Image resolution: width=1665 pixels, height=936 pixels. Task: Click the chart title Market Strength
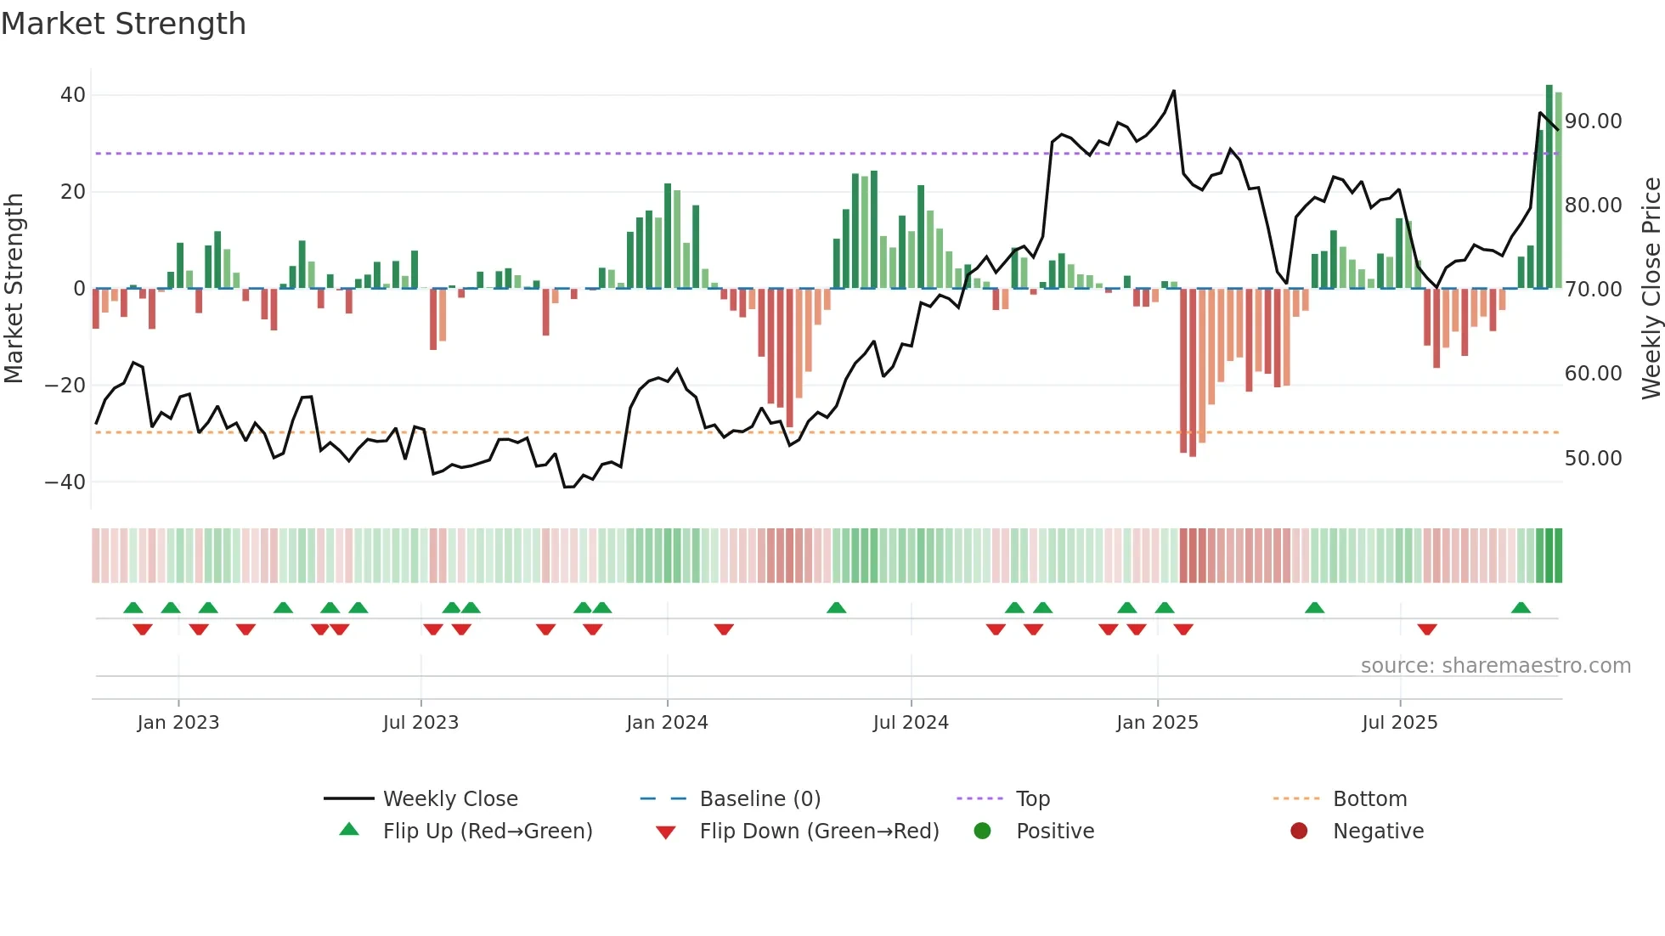(123, 24)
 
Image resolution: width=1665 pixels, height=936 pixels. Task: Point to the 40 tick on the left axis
(73, 95)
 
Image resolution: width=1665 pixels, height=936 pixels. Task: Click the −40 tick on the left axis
(65, 482)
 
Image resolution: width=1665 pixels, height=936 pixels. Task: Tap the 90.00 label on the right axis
(1593, 121)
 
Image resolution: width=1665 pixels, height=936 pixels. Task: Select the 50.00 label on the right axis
(1593, 459)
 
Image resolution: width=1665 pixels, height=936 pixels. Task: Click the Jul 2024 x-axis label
(911, 723)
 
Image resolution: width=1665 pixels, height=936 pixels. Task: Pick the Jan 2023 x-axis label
(178, 723)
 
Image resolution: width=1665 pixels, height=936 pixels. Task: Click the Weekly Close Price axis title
(1651, 289)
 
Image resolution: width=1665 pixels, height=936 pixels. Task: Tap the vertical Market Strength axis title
(14, 289)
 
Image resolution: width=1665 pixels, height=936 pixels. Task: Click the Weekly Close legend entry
(449, 799)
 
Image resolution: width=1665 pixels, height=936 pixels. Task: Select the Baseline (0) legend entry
(759, 799)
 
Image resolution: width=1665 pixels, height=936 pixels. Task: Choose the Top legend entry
(1032, 799)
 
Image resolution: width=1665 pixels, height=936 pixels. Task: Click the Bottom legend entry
(1369, 799)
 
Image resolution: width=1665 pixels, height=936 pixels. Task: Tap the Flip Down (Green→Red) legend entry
(819, 832)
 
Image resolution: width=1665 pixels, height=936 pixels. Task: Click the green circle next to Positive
(982, 832)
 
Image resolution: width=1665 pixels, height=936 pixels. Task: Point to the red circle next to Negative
(1299, 832)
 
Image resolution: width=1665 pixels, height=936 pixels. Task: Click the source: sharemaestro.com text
(1495, 666)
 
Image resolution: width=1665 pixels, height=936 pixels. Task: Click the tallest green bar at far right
(1549, 187)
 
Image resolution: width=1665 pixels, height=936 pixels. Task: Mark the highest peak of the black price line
(1174, 91)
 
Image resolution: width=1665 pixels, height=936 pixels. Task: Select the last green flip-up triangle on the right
(1521, 608)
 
